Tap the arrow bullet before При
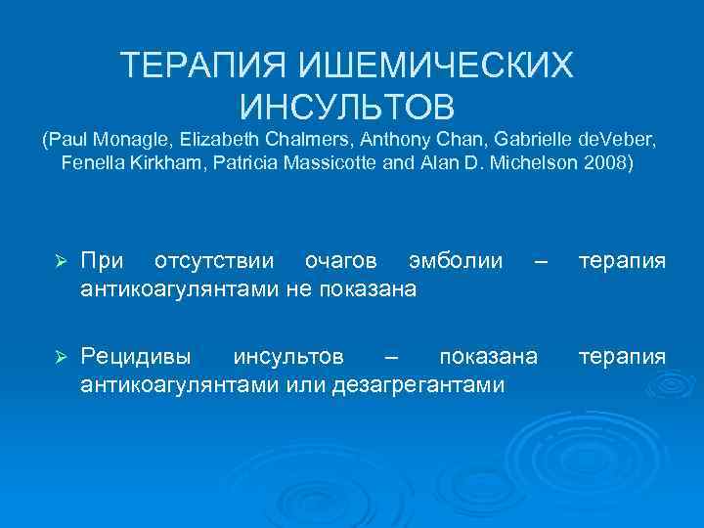[59, 262]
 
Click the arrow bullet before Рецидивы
[59, 357]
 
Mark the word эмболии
[457, 261]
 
